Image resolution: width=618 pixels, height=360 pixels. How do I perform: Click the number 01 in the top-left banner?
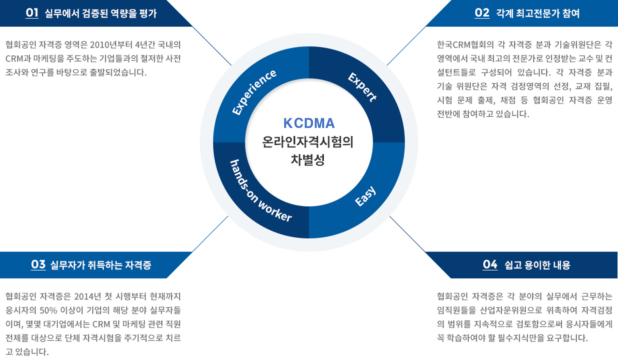pos(32,13)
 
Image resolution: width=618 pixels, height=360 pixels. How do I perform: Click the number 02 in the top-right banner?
pos(482,13)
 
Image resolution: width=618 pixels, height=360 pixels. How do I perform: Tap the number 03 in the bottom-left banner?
pos(38,264)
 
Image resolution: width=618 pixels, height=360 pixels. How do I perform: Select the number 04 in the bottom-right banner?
pos(490,264)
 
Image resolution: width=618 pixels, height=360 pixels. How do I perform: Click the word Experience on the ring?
pos(254,92)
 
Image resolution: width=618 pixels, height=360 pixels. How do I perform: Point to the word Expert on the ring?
pos(363,87)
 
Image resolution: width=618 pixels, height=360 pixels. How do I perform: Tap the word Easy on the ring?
pos(365,196)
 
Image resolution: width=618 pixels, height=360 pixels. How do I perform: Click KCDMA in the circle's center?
pos(309,123)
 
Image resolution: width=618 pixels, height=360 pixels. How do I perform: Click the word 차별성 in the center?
pos(308,160)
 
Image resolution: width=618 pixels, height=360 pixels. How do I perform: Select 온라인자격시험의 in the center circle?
pos(308,142)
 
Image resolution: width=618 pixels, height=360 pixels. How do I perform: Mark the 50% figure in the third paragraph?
pos(48,310)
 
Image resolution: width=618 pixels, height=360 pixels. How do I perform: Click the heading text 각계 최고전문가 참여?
pos(538,13)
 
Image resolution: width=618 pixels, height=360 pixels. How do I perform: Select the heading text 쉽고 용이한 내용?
pos(538,265)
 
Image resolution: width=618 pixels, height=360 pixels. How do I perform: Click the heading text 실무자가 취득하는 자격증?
pos(101,265)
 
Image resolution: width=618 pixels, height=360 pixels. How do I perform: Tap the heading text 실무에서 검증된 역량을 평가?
pos(101,13)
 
